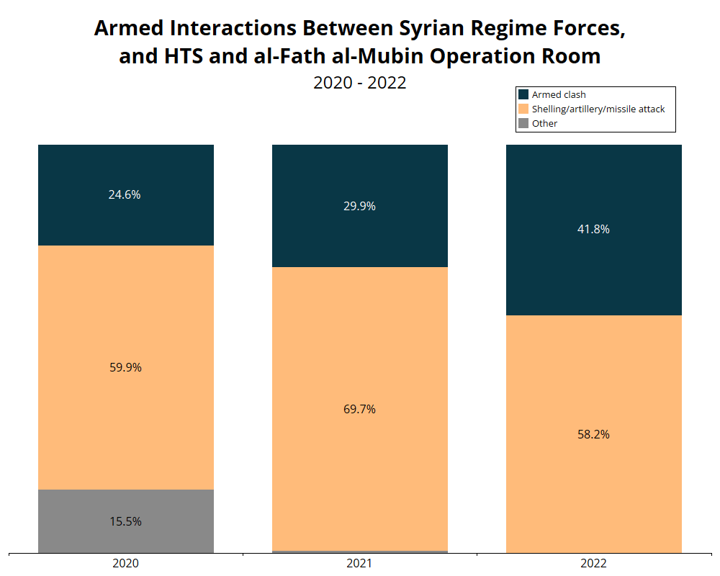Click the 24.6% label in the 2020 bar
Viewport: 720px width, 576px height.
(x=125, y=194)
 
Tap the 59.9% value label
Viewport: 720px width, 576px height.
(x=125, y=367)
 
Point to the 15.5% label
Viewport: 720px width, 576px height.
(x=125, y=521)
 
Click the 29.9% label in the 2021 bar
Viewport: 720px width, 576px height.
(x=359, y=206)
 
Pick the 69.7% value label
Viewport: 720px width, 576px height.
(x=359, y=409)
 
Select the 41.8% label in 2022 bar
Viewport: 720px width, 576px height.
(x=594, y=229)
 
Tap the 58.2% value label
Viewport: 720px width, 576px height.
(x=594, y=434)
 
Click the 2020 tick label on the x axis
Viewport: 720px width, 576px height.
(x=126, y=563)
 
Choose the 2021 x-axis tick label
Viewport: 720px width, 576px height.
(x=359, y=563)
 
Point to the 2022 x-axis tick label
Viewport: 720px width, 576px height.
(x=594, y=563)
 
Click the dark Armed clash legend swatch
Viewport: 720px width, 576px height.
(x=523, y=94)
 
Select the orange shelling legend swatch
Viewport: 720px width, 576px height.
(x=523, y=109)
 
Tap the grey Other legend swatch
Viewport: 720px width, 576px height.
(x=523, y=123)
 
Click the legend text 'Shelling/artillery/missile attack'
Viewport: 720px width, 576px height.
(x=598, y=109)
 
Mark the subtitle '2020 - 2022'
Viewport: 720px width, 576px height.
(x=359, y=82)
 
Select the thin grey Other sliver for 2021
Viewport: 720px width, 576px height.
(x=359, y=552)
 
